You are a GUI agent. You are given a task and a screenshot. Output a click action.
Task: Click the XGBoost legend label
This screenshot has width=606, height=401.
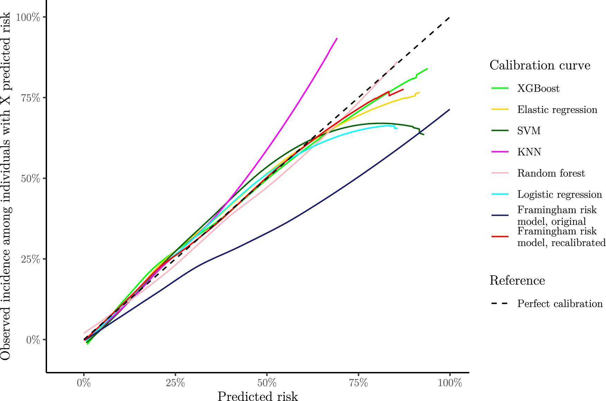point(538,89)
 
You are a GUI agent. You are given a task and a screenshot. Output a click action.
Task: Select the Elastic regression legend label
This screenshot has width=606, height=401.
point(557,110)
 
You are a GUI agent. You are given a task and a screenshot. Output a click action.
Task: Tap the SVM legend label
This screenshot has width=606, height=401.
point(529,131)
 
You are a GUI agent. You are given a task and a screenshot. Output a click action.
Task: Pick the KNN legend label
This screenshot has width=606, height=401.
point(529,152)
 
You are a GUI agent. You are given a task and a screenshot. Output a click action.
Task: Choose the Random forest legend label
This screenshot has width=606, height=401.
point(551,173)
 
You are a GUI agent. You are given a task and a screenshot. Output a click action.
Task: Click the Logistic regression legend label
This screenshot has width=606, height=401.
point(559,195)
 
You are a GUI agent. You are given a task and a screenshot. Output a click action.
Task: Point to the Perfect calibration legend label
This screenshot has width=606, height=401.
point(560,304)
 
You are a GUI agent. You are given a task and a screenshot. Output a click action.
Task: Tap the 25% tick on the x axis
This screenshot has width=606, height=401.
point(175,383)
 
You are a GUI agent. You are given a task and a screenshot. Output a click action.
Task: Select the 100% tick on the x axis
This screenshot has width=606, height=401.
point(450,383)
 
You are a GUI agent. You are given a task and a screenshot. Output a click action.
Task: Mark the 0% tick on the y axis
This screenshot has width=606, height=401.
point(34,340)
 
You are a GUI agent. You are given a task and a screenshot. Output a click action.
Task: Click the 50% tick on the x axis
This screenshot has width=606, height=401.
point(267,383)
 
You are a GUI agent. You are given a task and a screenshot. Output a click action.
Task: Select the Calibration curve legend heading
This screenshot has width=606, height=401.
point(540,65)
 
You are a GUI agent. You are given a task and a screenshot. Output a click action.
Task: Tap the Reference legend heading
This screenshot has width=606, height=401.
point(517,280)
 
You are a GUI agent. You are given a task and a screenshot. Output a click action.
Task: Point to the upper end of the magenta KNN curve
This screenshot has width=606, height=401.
point(337,38)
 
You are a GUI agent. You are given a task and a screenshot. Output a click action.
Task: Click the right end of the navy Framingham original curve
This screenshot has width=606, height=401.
point(449,110)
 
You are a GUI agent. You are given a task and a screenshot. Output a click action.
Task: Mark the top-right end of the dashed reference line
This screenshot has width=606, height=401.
point(449,17)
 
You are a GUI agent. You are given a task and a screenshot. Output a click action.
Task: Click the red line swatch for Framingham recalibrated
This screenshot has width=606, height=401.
point(500,237)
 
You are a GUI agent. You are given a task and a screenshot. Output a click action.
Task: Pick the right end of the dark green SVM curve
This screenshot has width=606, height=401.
point(424,134)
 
